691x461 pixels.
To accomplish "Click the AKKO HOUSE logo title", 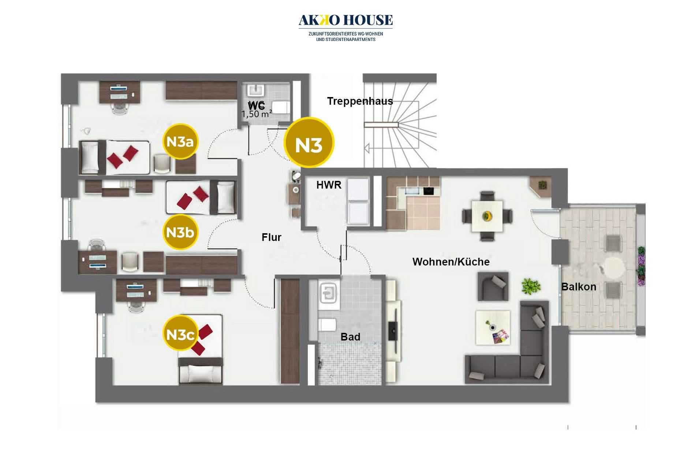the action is coord(345,20).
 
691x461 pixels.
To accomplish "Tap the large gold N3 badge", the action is coord(309,142).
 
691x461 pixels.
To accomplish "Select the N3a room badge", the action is coord(180,142).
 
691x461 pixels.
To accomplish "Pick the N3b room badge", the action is coord(180,232).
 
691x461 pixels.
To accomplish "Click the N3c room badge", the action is coord(180,334).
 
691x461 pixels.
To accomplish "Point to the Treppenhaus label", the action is coord(360,101).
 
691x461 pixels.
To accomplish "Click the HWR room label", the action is coord(329,185).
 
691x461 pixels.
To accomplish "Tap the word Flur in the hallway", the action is coord(271,237).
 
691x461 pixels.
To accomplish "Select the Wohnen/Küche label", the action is coord(451,262).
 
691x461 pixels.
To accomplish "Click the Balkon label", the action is coord(579,287).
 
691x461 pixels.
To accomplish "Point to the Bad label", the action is coord(350,337).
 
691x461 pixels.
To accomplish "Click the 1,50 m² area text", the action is coord(257,114).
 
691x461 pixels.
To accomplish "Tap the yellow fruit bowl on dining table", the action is coord(487,216).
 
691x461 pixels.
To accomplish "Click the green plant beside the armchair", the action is coord(531,286).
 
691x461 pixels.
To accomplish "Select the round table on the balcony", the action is coord(614,268).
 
